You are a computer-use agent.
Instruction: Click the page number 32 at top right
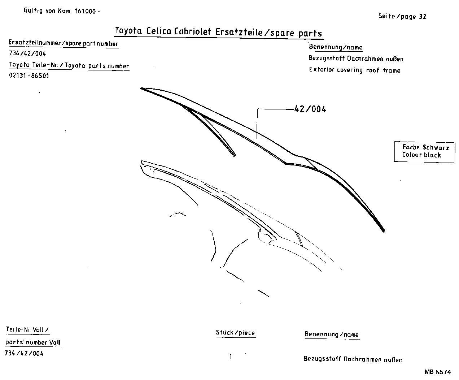click(x=423, y=16)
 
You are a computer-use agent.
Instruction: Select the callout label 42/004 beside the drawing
click(x=310, y=109)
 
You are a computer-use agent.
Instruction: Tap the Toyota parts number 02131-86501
click(x=29, y=76)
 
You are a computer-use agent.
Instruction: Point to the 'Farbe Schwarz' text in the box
click(x=425, y=147)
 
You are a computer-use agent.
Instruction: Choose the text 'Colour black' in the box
click(x=421, y=155)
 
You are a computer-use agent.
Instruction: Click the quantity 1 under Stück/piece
click(x=231, y=357)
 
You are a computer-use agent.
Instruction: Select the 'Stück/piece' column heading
click(x=235, y=333)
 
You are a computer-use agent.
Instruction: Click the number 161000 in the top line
click(x=86, y=11)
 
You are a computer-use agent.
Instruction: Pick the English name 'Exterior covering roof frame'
click(x=354, y=70)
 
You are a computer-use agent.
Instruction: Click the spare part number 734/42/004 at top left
click(x=27, y=54)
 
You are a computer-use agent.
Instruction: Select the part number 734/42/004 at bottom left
click(x=24, y=353)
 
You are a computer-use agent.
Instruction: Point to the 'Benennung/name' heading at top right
click(x=336, y=47)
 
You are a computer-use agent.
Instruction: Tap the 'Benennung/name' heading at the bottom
click(x=331, y=334)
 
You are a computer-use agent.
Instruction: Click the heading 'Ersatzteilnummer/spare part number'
click(x=63, y=44)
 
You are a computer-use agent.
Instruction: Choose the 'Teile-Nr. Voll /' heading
click(x=27, y=329)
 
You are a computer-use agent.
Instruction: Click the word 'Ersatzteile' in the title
click(x=239, y=32)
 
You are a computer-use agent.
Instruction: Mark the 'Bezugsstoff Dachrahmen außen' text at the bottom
click(x=353, y=359)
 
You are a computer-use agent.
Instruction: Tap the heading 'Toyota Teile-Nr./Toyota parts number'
click(x=69, y=66)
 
